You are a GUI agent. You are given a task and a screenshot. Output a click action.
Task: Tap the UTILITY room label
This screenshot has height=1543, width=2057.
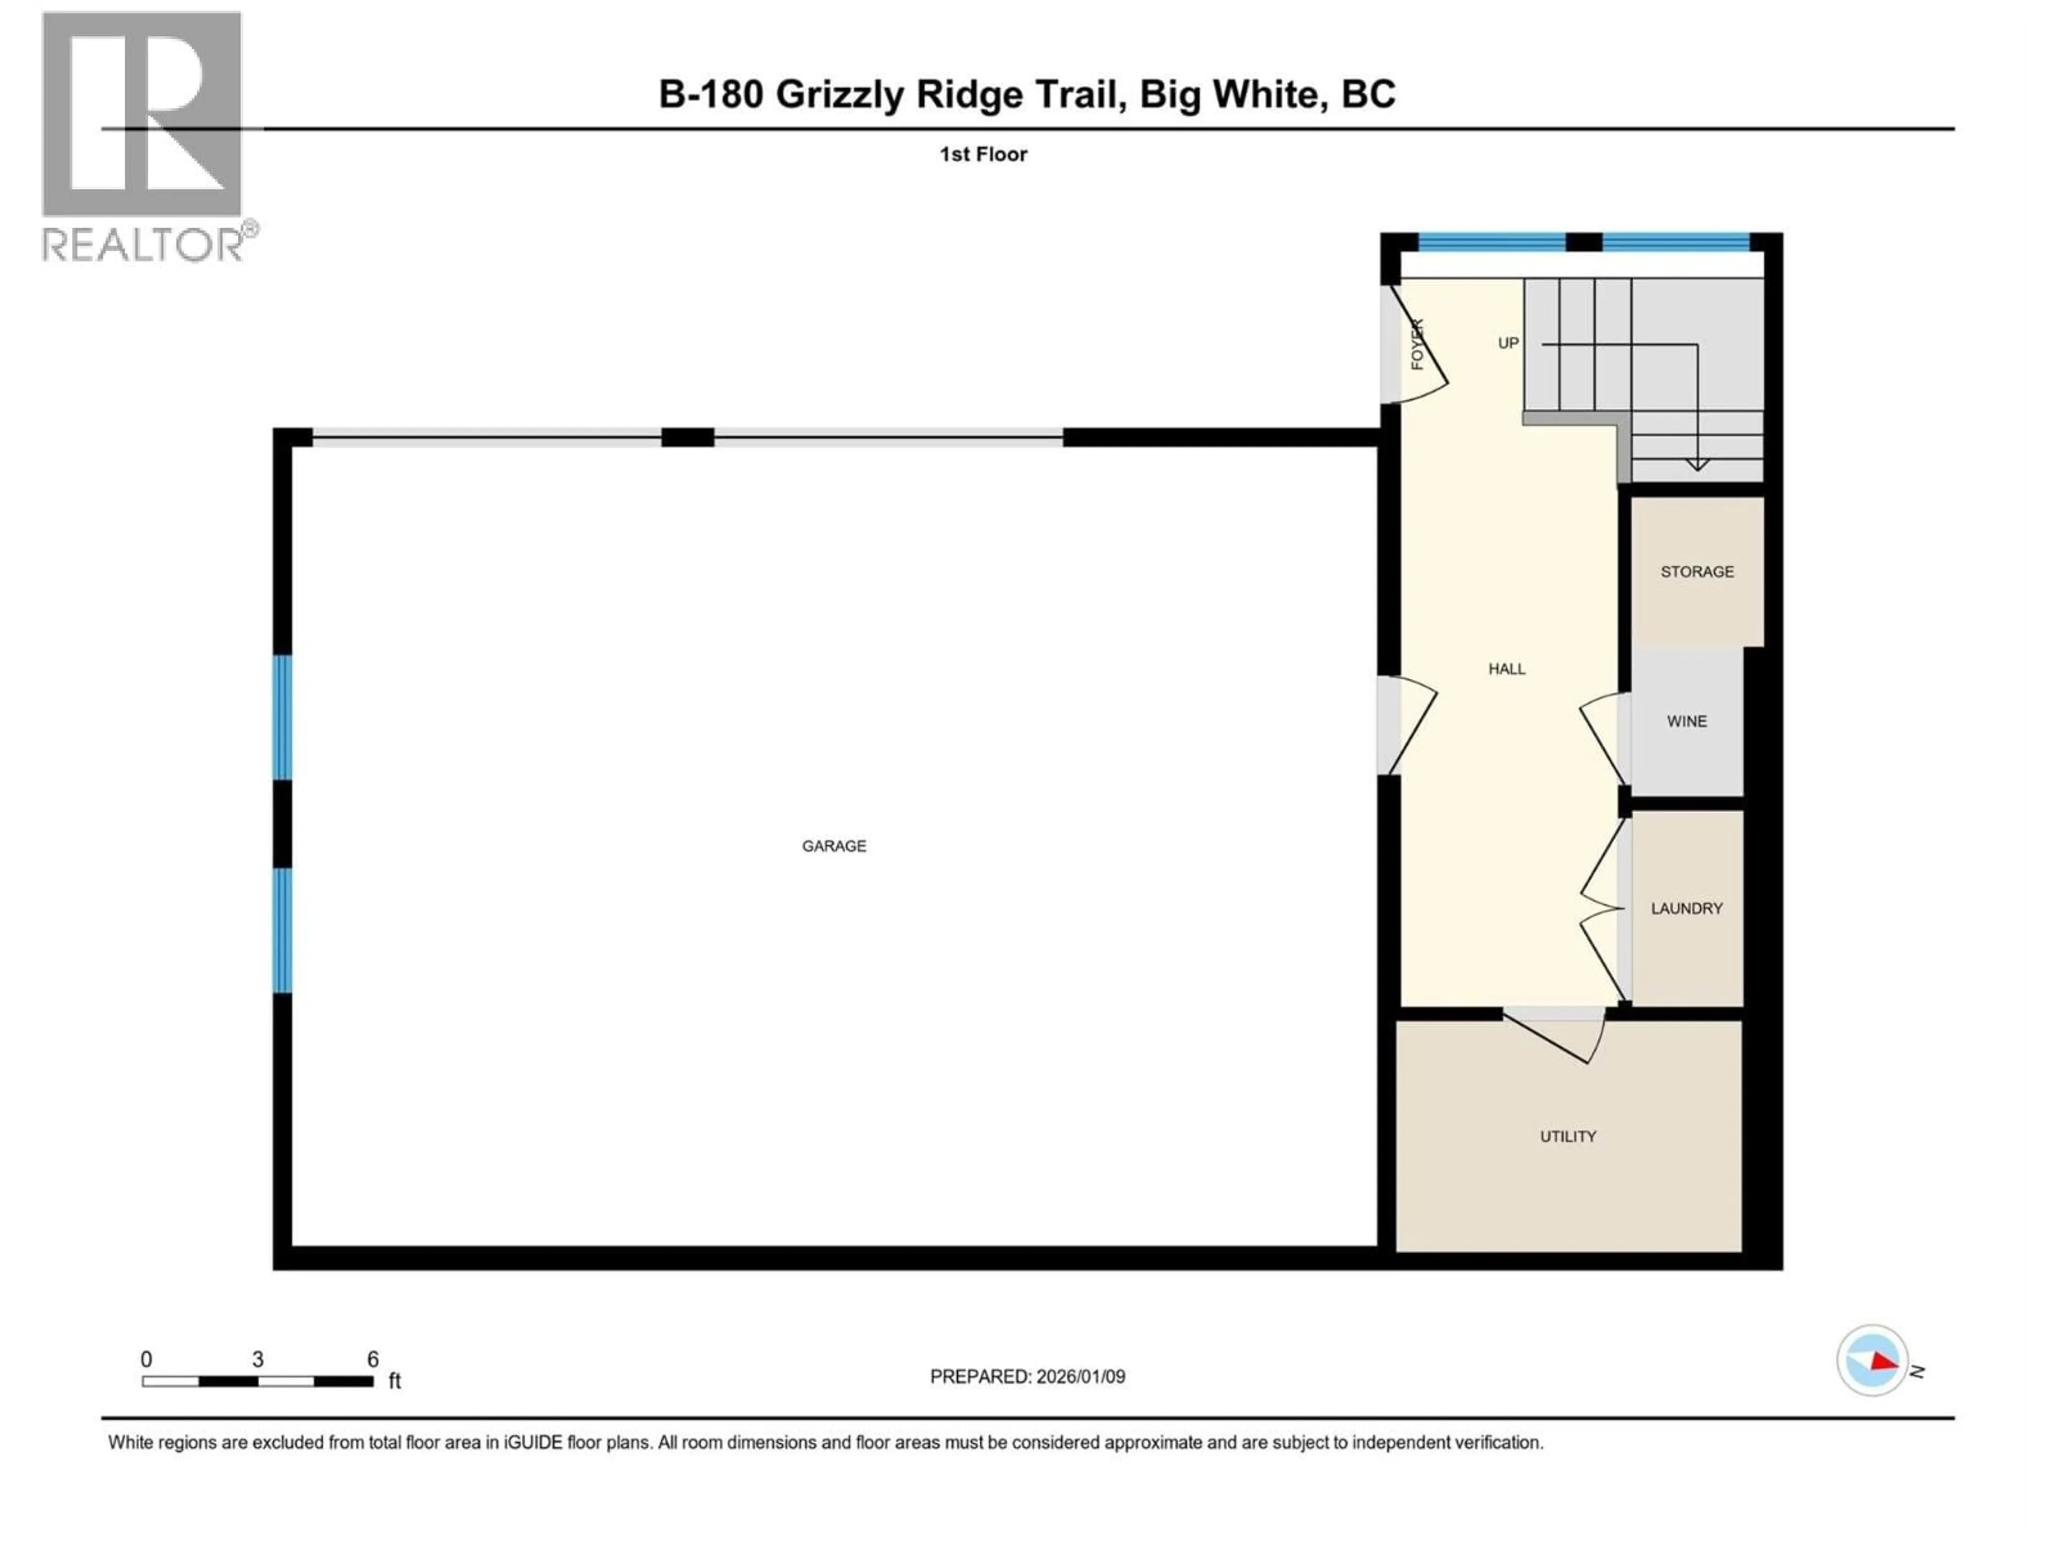pyautogui.click(x=1568, y=1136)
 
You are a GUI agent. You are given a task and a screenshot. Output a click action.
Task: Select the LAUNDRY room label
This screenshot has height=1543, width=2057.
pyautogui.click(x=1686, y=908)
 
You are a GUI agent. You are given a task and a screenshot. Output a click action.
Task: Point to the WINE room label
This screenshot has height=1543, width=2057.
pyautogui.click(x=1686, y=721)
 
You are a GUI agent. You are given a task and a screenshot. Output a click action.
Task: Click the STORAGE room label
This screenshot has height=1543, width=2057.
pyautogui.click(x=1696, y=571)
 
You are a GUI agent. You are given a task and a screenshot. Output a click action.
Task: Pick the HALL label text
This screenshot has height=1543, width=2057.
pyautogui.click(x=1506, y=669)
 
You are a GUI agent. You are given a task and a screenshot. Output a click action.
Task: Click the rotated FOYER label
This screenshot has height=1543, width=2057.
pyautogui.click(x=1417, y=344)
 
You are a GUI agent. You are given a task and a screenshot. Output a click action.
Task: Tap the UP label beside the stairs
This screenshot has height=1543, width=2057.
pyautogui.click(x=1507, y=343)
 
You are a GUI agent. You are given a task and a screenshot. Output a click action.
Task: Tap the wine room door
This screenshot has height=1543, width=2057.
pyautogui.click(x=1605, y=739)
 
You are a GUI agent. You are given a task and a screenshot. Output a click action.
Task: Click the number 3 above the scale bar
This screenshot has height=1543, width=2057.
pyautogui.click(x=258, y=1359)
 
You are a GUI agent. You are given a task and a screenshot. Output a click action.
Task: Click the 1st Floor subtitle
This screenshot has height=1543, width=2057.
pyautogui.click(x=983, y=154)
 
